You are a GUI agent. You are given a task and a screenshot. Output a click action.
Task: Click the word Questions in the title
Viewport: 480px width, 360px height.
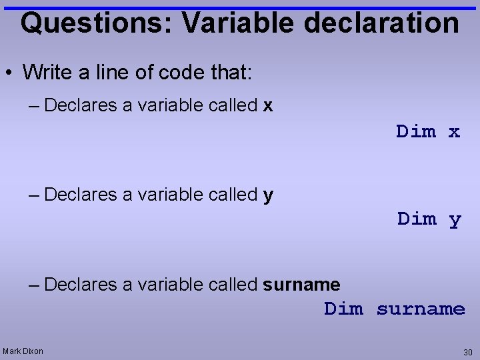(x=96, y=23)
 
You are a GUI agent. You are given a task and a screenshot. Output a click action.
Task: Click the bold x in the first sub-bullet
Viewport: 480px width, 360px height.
(x=268, y=105)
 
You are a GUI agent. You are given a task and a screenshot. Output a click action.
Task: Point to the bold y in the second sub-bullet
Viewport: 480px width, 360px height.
(x=268, y=195)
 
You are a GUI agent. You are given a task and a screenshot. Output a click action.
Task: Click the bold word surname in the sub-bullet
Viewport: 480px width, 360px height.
(x=301, y=285)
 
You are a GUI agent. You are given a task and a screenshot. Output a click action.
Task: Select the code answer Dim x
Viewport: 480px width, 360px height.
(x=428, y=131)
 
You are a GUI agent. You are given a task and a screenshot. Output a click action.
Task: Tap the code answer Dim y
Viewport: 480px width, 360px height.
(x=429, y=219)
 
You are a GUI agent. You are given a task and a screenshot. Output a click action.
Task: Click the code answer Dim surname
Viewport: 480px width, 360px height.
(x=395, y=309)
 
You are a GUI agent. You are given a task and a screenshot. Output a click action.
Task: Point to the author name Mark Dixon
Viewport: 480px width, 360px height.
(x=23, y=351)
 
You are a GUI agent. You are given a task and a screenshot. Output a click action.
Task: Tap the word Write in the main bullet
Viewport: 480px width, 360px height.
(x=44, y=72)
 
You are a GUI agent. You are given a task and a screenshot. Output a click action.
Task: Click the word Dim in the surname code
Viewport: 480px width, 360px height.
(x=344, y=309)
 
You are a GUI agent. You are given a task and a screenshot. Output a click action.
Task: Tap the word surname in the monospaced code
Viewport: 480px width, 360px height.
(x=421, y=309)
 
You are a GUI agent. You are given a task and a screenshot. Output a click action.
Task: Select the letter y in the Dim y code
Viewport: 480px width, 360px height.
(x=455, y=219)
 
